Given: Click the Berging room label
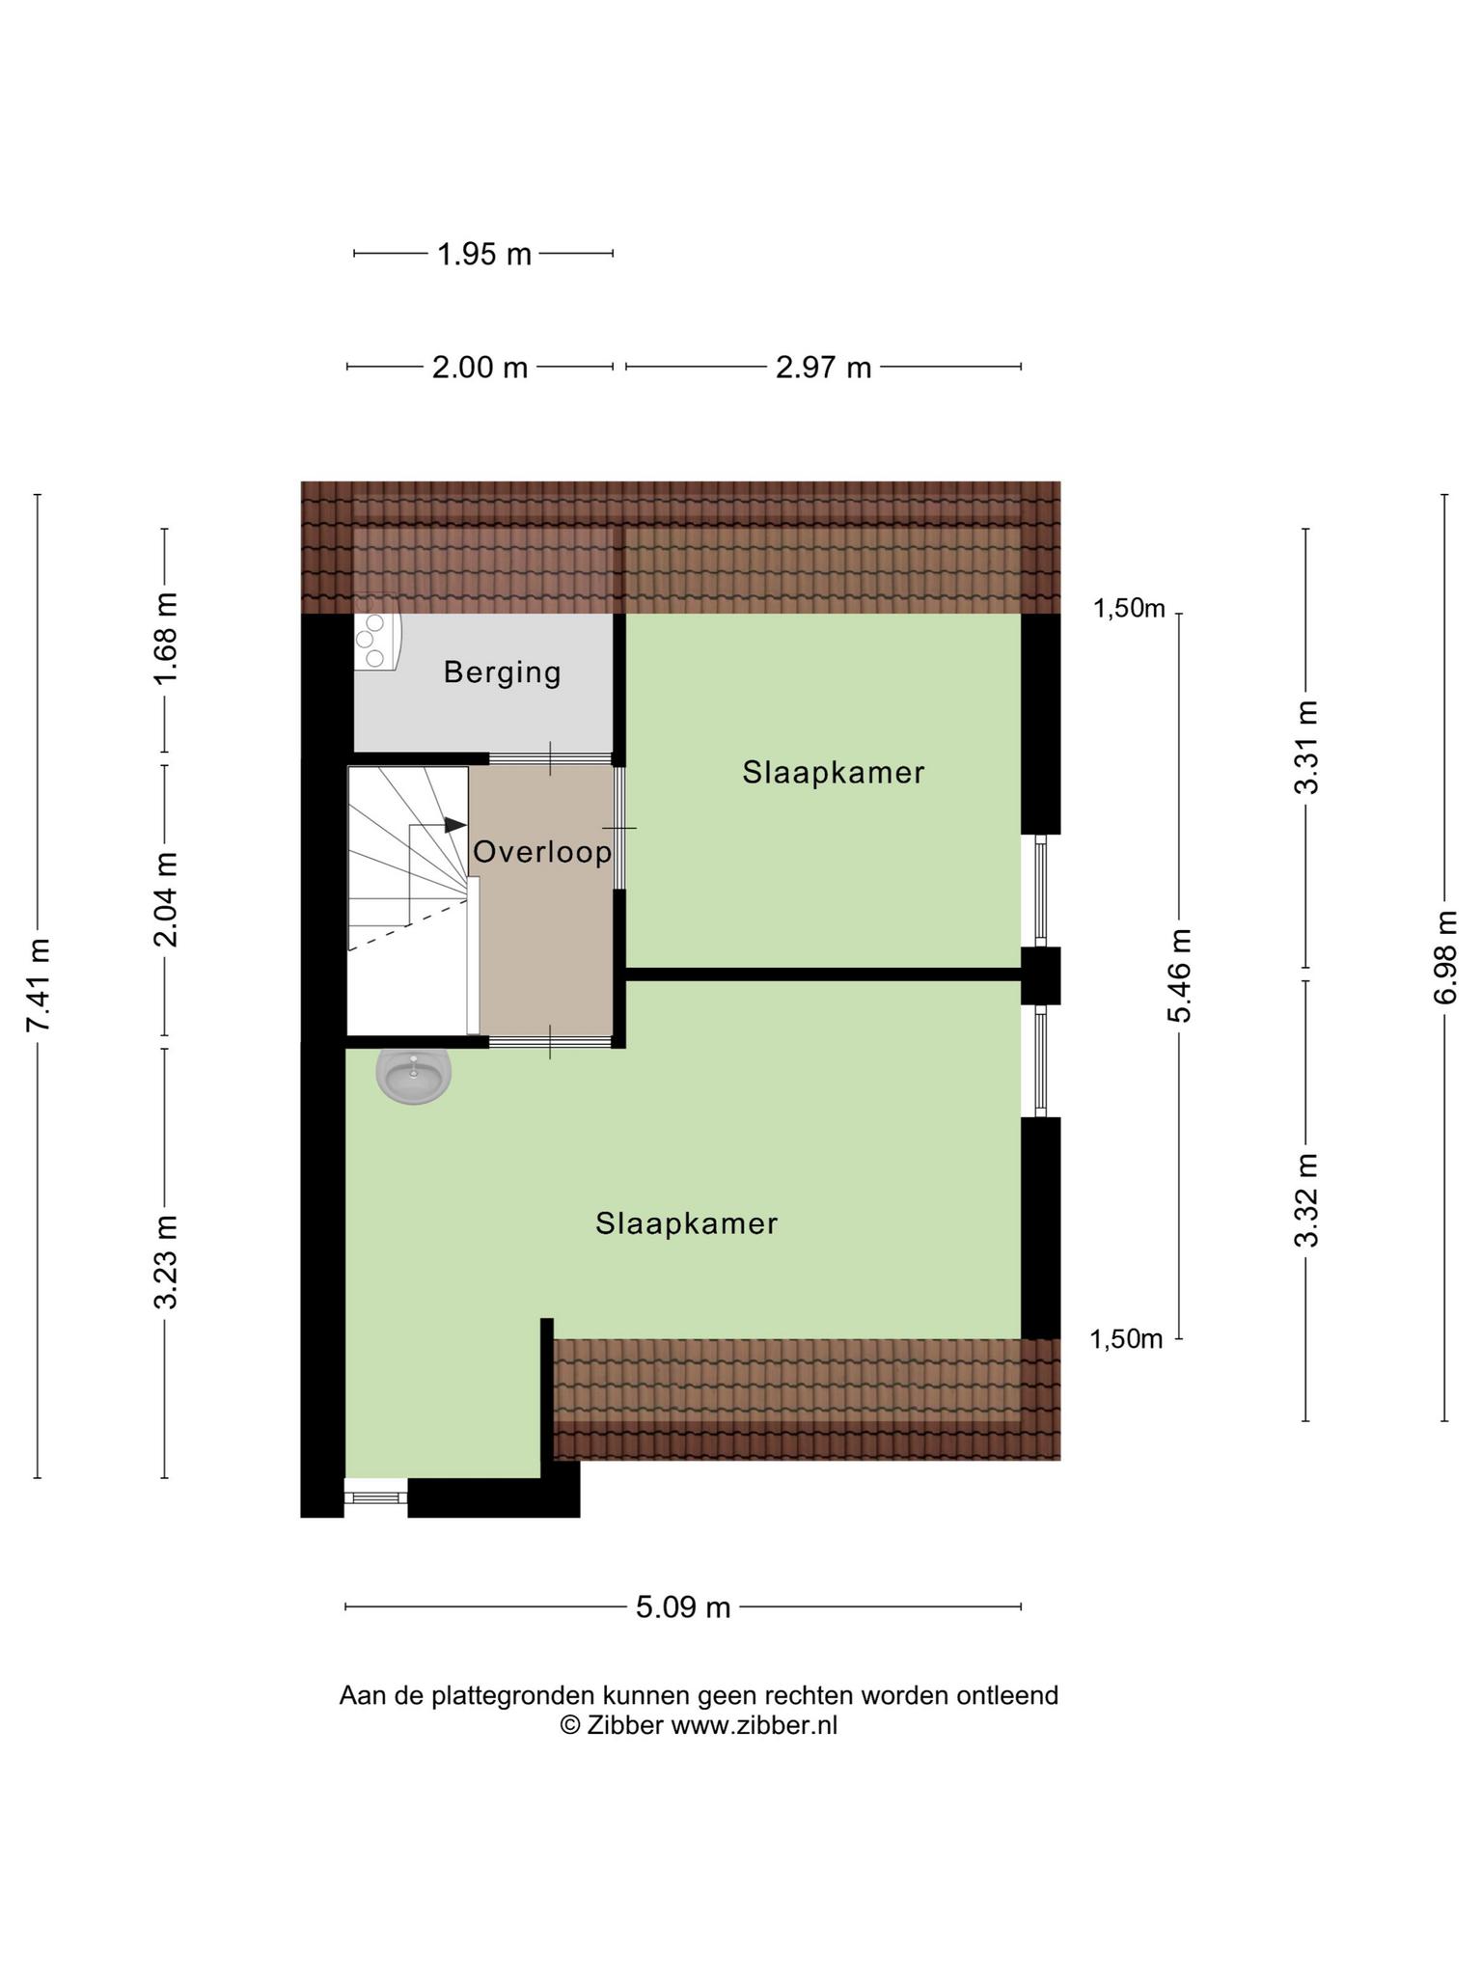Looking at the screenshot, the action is coord(502,672).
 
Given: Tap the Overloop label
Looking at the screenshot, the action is coord(542,852).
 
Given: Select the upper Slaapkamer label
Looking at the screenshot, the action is coord(834,772).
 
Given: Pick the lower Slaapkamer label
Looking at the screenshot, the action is coord(686,1223).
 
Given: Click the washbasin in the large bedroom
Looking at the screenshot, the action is coord(414,1076).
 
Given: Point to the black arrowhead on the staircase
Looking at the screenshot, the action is coord(455,825).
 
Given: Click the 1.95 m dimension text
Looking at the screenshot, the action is coord(484,255).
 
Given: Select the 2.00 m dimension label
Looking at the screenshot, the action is coord(480,368).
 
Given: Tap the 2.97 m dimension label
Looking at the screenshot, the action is coord(823,368).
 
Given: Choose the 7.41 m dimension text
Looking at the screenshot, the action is coord(39,984).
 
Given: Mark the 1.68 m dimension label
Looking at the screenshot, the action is coord(166,638).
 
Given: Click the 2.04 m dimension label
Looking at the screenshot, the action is coord(166,899).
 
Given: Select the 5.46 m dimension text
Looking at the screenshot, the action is coord(1179,975).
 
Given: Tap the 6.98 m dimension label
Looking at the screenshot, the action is coord(1445,956).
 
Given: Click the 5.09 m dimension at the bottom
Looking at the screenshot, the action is coord(683,1606).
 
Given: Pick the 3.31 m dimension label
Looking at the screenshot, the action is coord(1306,747).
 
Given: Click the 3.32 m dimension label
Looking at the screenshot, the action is coord(1306,1199).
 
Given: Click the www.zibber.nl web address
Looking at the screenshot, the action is coord(754,1725).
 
